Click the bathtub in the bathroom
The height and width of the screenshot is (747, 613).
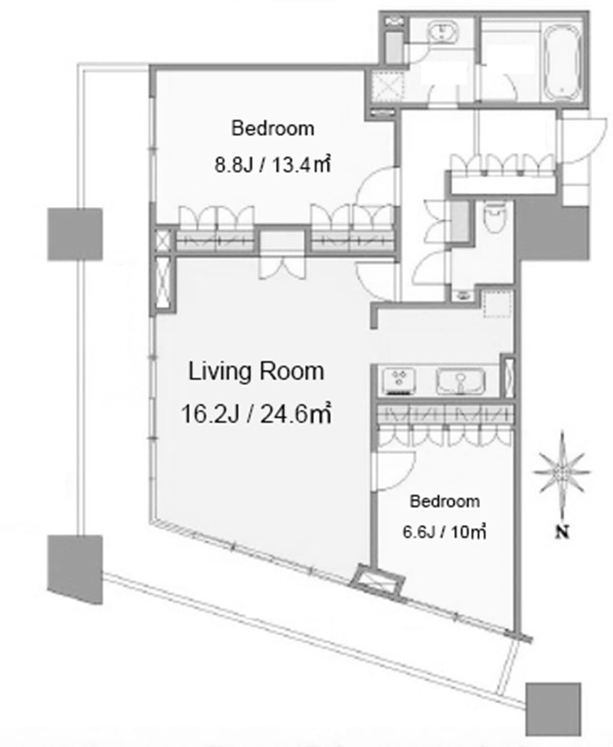pos(562,65)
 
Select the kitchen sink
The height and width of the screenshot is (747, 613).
pos(460,381)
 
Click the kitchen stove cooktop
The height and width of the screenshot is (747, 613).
pos(399,381)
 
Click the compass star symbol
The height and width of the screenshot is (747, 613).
pos(562,472)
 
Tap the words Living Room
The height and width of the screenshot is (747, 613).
pos(256,372)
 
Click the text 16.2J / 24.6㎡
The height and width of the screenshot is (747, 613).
pos(256,414)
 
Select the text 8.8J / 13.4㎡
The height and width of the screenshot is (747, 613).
pos(272,165)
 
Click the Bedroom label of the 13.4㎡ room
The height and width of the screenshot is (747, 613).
pos(272,128)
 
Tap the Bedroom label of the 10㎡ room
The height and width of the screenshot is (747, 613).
pos(445,502)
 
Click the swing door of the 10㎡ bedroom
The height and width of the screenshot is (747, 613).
pos(393,471)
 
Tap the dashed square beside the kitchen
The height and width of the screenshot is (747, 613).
pos(498,303)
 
